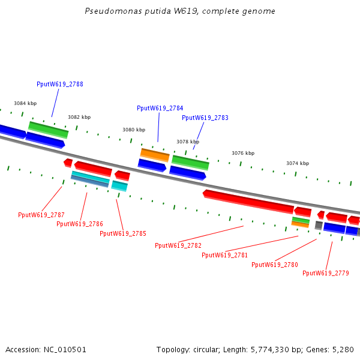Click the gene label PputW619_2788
(x=60, y=84)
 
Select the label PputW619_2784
(x=160, y=108)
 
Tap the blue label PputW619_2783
(x=205, y=118)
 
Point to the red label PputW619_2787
(x=41, y=215)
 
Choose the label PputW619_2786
(x=80, y=224)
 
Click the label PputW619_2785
(x=123, y=233)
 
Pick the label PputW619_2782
(x=178, y=245)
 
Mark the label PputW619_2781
(x=225, y=255)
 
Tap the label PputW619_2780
(x=275, y=265)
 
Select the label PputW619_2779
(x=326, y=273)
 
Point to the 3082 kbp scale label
(x=79, y=117)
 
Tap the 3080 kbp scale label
(x=134, y=130)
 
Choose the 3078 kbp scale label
(x=188, y=142)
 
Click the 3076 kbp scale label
(x=243, y=153)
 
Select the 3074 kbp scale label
(x=298, y=163)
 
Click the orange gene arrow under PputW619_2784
(x=155, y=154)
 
